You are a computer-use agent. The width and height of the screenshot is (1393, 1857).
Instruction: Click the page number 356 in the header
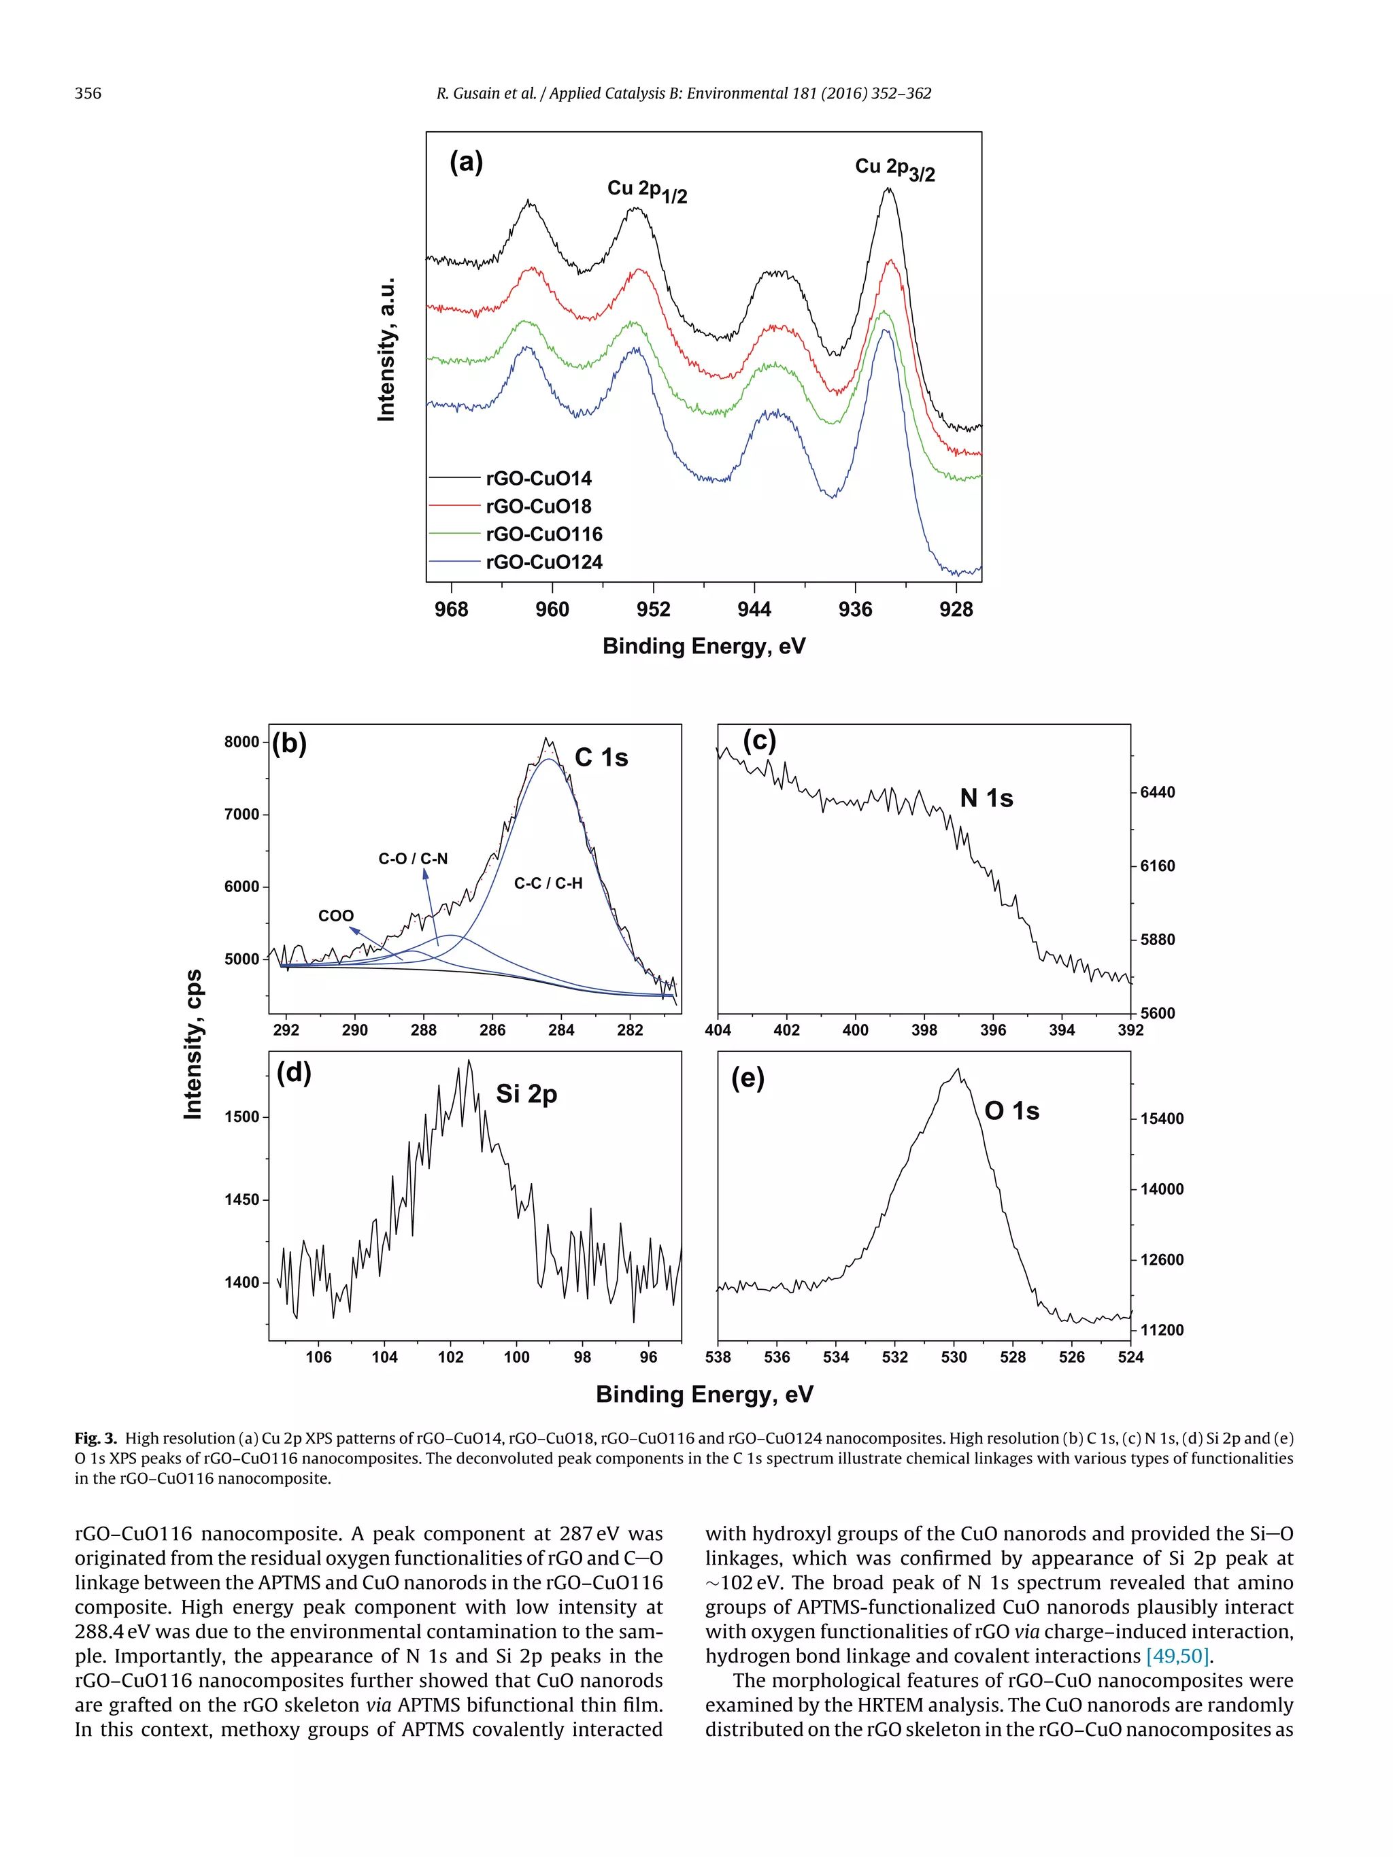(88, 93)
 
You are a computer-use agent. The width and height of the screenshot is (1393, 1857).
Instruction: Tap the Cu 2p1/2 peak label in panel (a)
(647, 190)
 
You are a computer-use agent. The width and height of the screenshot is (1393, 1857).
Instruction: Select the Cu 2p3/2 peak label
(894, 169)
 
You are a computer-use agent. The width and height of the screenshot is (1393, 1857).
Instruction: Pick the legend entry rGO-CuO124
(544, 562)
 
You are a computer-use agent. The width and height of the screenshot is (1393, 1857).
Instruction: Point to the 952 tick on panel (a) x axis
(653, 609)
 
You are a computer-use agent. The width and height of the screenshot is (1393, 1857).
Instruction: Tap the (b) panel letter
(290, 744)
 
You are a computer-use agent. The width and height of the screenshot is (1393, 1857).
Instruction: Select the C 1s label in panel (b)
(601, 757)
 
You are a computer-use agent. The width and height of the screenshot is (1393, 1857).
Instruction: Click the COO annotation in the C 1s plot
(336, 916)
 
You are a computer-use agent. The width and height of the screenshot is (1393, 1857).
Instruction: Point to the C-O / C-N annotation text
(413, 858)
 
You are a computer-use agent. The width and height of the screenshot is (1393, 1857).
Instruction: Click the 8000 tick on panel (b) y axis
(242, 742)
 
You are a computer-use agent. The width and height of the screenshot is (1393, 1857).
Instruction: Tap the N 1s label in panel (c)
(987, 798)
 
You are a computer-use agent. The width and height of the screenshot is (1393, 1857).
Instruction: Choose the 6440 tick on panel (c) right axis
(1157, 792)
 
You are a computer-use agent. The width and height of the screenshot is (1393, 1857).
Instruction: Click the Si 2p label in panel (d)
(526, 1094)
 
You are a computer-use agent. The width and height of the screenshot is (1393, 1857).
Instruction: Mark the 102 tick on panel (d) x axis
(450, 1357)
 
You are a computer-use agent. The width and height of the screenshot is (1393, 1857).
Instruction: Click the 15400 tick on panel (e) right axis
(1161, 1119)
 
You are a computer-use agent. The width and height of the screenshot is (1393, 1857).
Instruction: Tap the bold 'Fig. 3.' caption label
(96, 1438)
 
